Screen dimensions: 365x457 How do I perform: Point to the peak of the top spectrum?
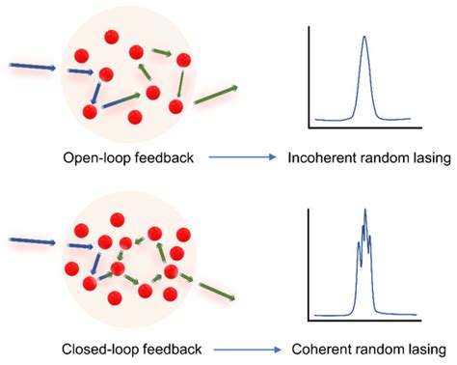coord(364,39)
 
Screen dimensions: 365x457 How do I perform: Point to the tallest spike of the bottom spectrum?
coord(365,211)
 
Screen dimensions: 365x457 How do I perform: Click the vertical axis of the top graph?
coord(309,77)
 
